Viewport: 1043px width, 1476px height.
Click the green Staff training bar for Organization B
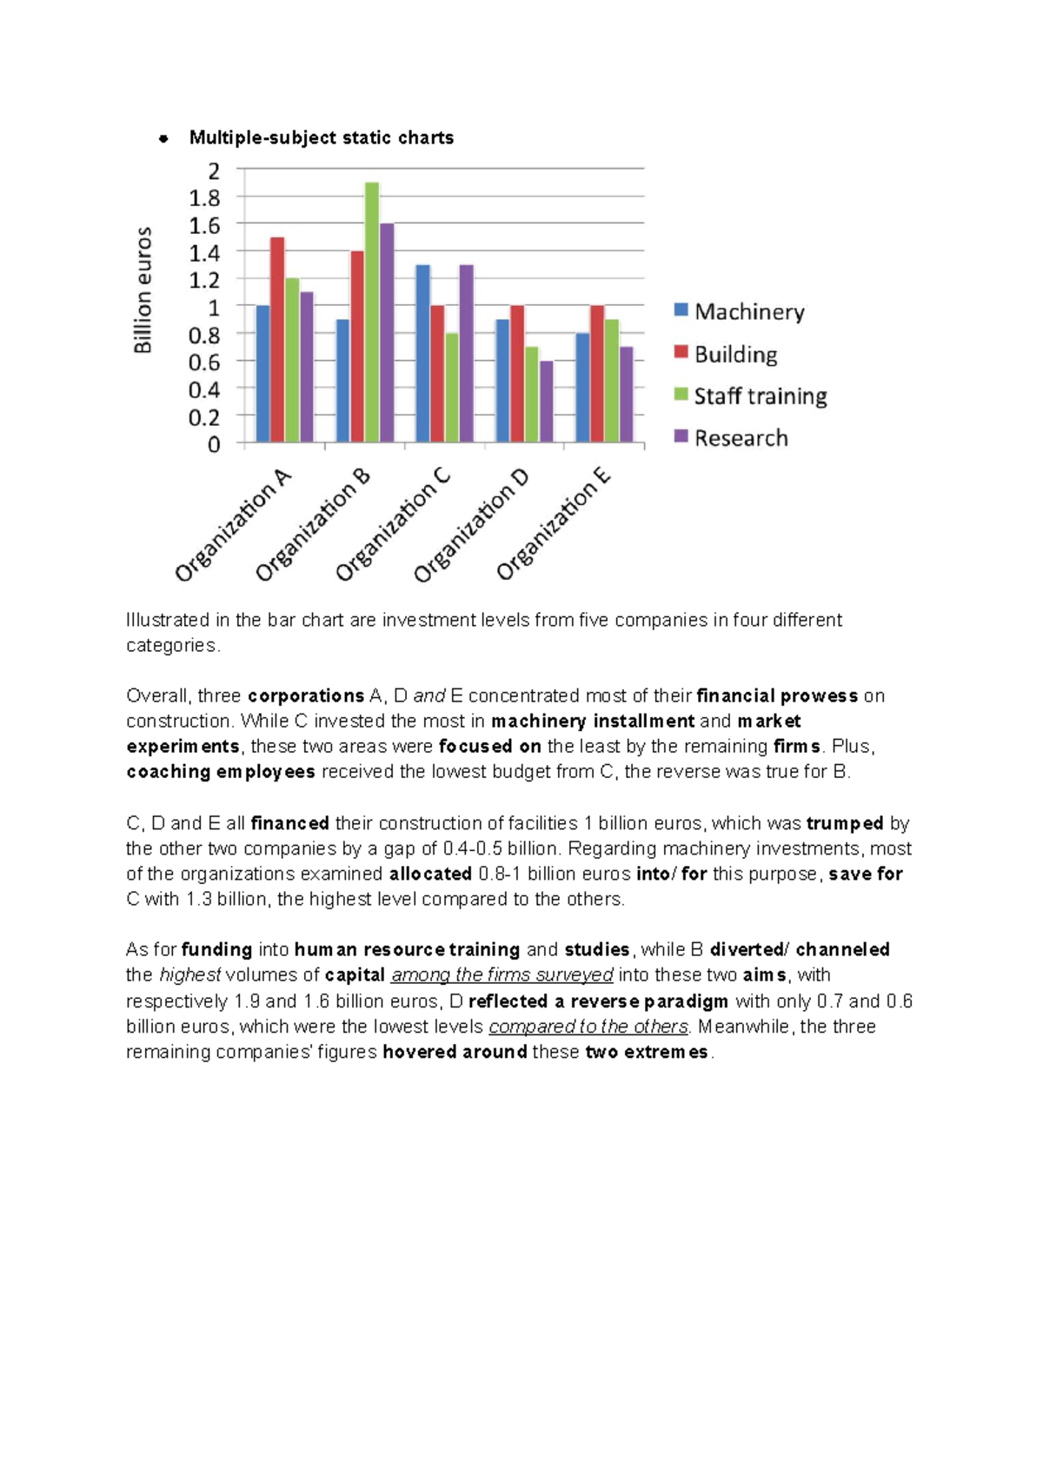point(372,313)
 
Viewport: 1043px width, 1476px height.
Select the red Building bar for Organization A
point(277,340)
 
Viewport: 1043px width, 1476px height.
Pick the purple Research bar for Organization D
point(546,402)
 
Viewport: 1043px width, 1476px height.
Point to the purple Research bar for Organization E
point(626,395)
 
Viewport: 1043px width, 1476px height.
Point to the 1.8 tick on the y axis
point(205,198)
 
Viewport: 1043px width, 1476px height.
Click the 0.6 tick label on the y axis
point(205,362)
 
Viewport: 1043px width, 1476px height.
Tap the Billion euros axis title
point(143,289)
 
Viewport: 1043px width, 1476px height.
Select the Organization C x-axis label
point(393,524)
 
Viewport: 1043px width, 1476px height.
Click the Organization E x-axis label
point(554,524)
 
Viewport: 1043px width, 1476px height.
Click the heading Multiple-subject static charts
point(322,137)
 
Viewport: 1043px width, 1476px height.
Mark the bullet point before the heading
point(163,138)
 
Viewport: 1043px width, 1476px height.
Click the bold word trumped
point(844,823)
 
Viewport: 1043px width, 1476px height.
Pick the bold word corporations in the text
point(306,695)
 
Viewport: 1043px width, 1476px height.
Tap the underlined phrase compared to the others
point(588,1027)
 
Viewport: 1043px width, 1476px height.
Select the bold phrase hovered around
point(455,1052)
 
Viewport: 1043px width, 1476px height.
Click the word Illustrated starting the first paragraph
point(168,620)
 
